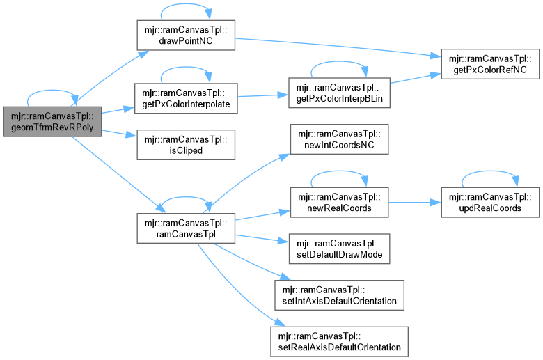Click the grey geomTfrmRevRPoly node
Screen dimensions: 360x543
(x=53, y=122)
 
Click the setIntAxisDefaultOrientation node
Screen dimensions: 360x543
(x=339, y=296)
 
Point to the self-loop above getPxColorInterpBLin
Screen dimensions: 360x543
(x=339, y=68)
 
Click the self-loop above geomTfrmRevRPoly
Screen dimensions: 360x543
(x=53, y=92)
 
